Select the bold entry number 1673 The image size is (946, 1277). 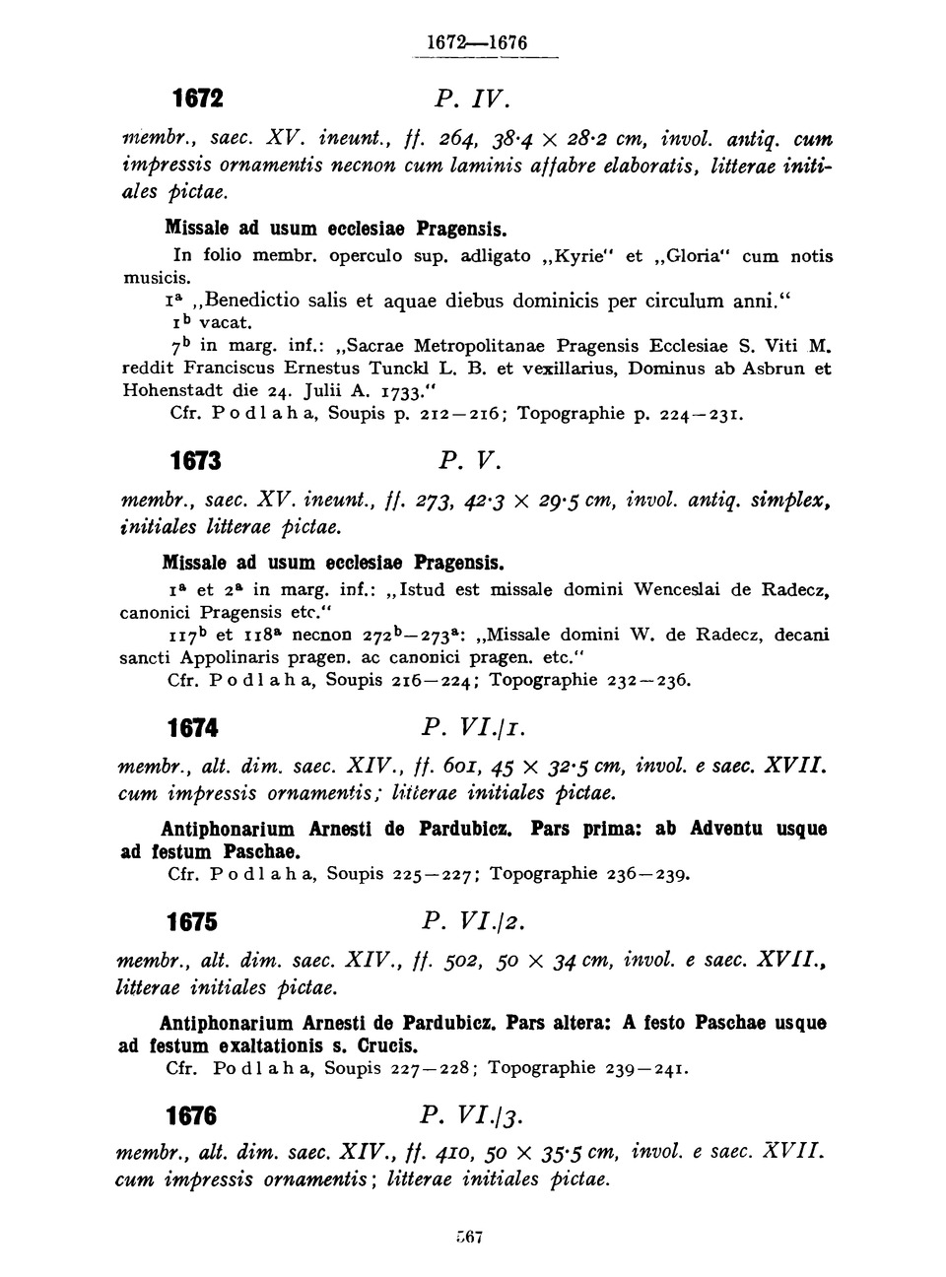[194, 460]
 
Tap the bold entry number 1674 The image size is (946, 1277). [193, 728]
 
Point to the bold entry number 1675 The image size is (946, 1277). [192, 922]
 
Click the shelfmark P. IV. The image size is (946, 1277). [471, 99]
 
